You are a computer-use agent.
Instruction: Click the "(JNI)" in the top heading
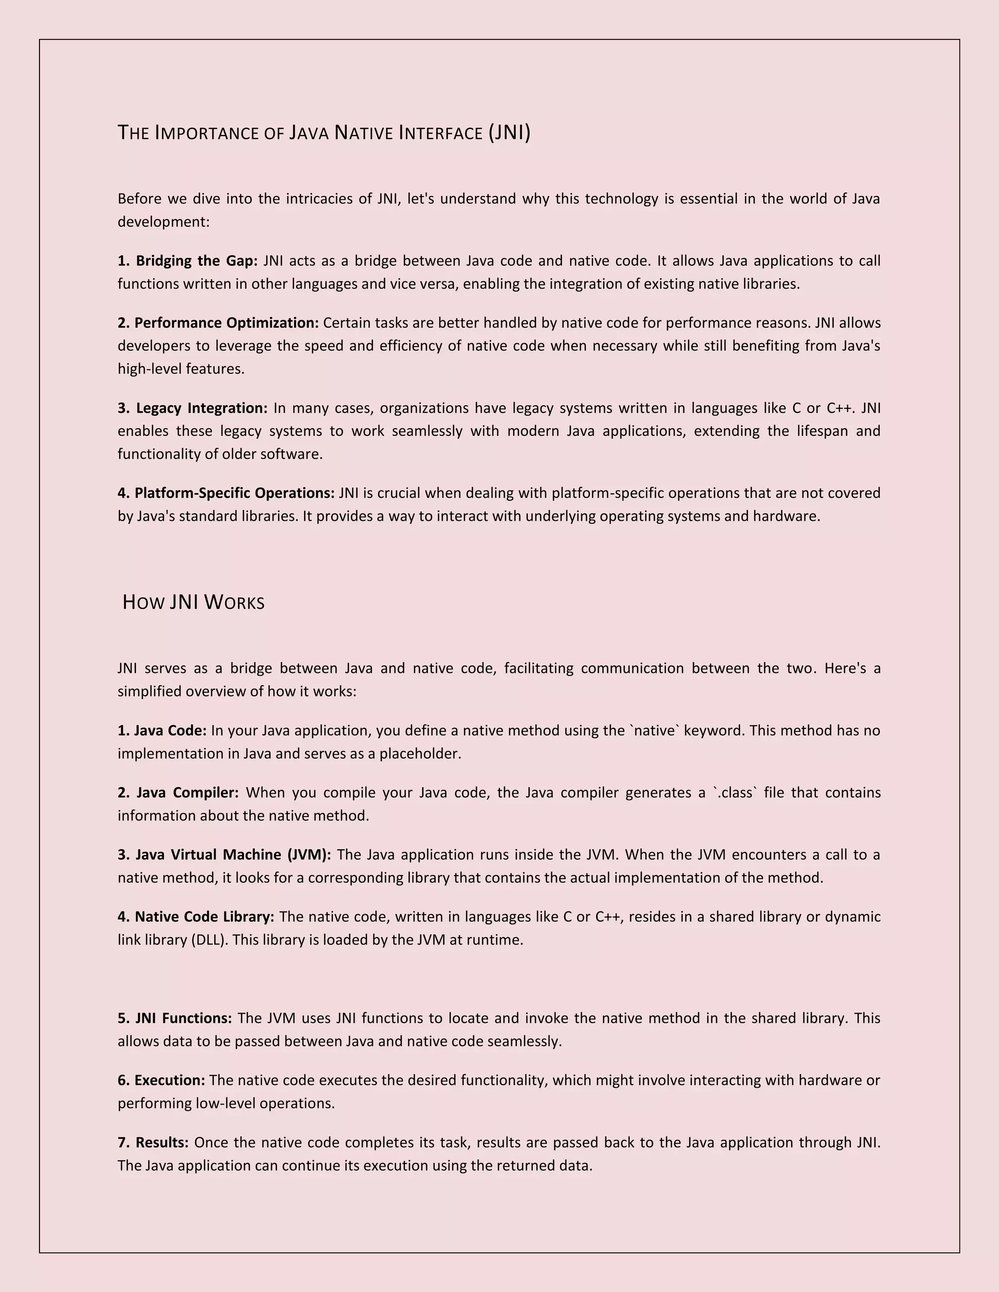(509, 133)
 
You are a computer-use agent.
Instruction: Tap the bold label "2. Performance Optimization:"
(218, 323)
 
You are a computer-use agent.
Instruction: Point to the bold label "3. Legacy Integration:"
(192, 408)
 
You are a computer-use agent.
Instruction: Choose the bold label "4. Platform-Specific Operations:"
(226, 493)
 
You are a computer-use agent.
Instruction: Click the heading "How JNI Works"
(193, 602)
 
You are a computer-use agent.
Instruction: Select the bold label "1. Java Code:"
(161, 731)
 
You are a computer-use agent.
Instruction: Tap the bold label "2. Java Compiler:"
(178, 793)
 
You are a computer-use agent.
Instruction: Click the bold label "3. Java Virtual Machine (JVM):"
(224, 855)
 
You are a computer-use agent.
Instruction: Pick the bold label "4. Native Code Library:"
(196, 917)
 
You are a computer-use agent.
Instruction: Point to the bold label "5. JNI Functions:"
(175, 1018)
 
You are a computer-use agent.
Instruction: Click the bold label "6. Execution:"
(161, 1080)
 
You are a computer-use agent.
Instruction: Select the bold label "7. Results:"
(153, 1142)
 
